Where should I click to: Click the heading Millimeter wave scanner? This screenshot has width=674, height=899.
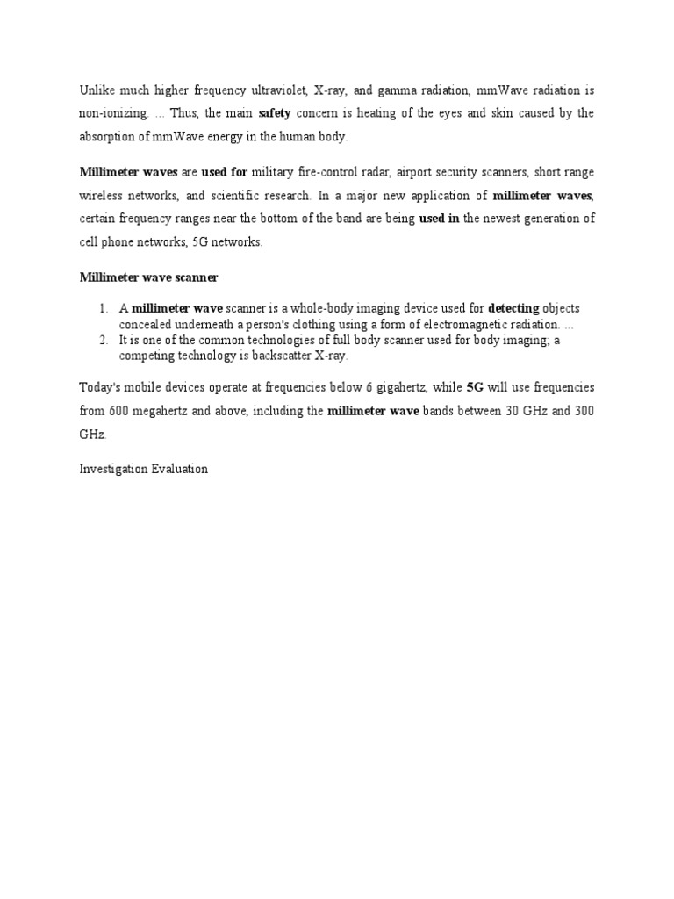coord(148,277)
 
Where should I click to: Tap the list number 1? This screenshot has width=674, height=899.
coord(103,309)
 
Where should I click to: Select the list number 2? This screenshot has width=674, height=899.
coord(103,341)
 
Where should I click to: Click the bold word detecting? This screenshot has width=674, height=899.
coord(514,309)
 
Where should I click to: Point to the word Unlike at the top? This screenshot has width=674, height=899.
coord(97,91)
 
